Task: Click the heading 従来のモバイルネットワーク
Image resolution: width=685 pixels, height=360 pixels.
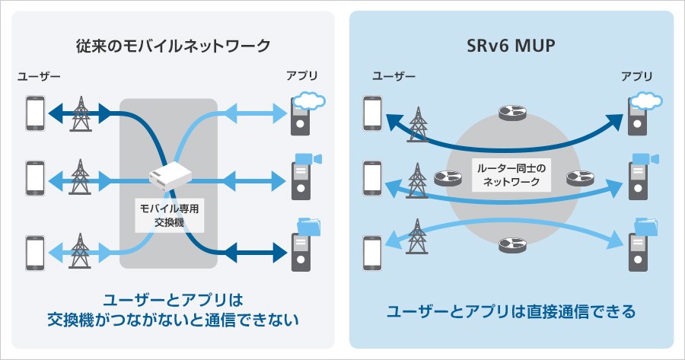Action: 174,46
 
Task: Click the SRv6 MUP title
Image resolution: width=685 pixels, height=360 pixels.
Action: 511,46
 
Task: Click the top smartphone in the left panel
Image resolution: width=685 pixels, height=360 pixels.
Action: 35,113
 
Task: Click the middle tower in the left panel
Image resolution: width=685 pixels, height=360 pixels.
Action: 79,179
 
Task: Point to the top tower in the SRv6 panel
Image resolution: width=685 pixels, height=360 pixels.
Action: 418,123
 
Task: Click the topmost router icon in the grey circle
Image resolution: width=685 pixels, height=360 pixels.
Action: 509,113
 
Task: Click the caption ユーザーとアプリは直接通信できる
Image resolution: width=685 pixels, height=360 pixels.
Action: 511,311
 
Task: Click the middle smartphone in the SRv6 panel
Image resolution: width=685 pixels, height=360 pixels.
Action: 372,179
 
